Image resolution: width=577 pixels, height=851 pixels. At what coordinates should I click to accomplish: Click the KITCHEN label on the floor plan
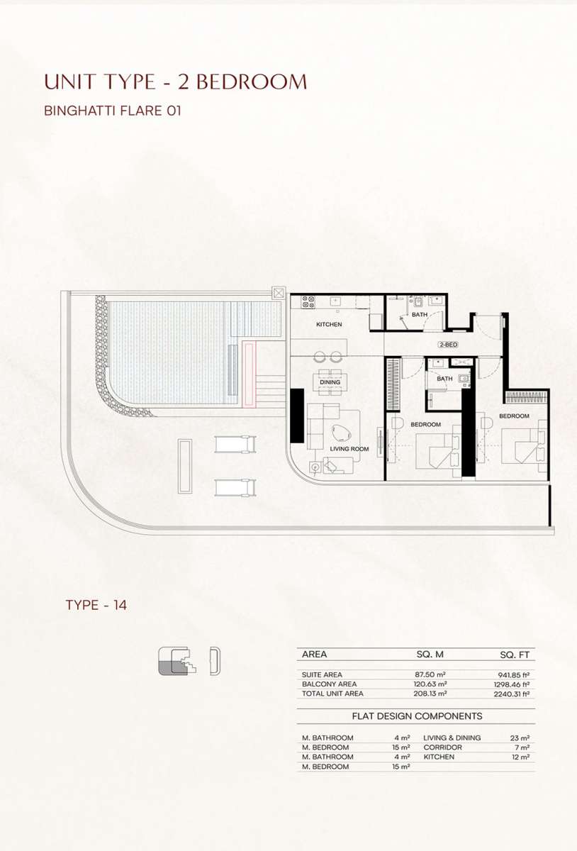pyautogui.click(x=329, y=325)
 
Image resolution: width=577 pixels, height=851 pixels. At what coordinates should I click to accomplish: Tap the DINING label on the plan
pyautogui.click(x=330, y=382)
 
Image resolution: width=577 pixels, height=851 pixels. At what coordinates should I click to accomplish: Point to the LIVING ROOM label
pyautogui.click(x=349, y=449)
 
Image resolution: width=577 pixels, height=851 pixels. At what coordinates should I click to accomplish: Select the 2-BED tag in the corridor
pyautogui.click(x=448, y=345)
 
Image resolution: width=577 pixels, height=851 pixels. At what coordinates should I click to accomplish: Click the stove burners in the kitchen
pyautogui.click(x=308, y=301)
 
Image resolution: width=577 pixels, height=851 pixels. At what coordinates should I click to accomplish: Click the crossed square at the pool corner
pyautogui.click(x=279, y=294)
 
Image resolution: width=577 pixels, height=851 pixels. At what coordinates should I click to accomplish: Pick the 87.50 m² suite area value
pyautogui.click(x=430, y=674)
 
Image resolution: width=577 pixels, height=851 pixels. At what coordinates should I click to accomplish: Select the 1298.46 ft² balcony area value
pyautogui.click(x=512, y=684)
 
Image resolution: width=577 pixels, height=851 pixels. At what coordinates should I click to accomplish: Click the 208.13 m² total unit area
pyautogui.click(x=430, y=694)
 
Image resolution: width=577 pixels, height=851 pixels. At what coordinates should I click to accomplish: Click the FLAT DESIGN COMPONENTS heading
pyautogui.click(x=417, y=716)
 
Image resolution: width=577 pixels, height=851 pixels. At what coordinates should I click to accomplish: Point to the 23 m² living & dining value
pyautogui.click(x=520, y=738)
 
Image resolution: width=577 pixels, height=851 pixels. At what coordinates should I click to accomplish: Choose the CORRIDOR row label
pyautogui.click(x=442, y=747)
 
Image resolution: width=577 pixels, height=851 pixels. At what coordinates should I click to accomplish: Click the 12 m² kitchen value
pyautogui.click(x=520, y=757)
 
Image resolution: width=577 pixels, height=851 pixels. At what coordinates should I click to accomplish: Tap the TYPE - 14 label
pyautogui.click(x=96, y=605)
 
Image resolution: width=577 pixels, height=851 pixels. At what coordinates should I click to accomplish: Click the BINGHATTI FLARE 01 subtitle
pyautogui.click(x=113, y=111)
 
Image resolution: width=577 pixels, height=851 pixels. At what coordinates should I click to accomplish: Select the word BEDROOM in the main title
pyautogui.click(x=252, y=82)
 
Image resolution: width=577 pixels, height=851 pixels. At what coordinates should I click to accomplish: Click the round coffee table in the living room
pyautogui.click(x=342, y=433)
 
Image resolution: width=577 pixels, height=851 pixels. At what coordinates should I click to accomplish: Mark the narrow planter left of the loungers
pyautogui.click(x=185, y=466)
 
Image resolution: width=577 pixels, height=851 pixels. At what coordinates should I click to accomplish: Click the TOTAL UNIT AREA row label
pyautogui.click(x=332, y=694)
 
